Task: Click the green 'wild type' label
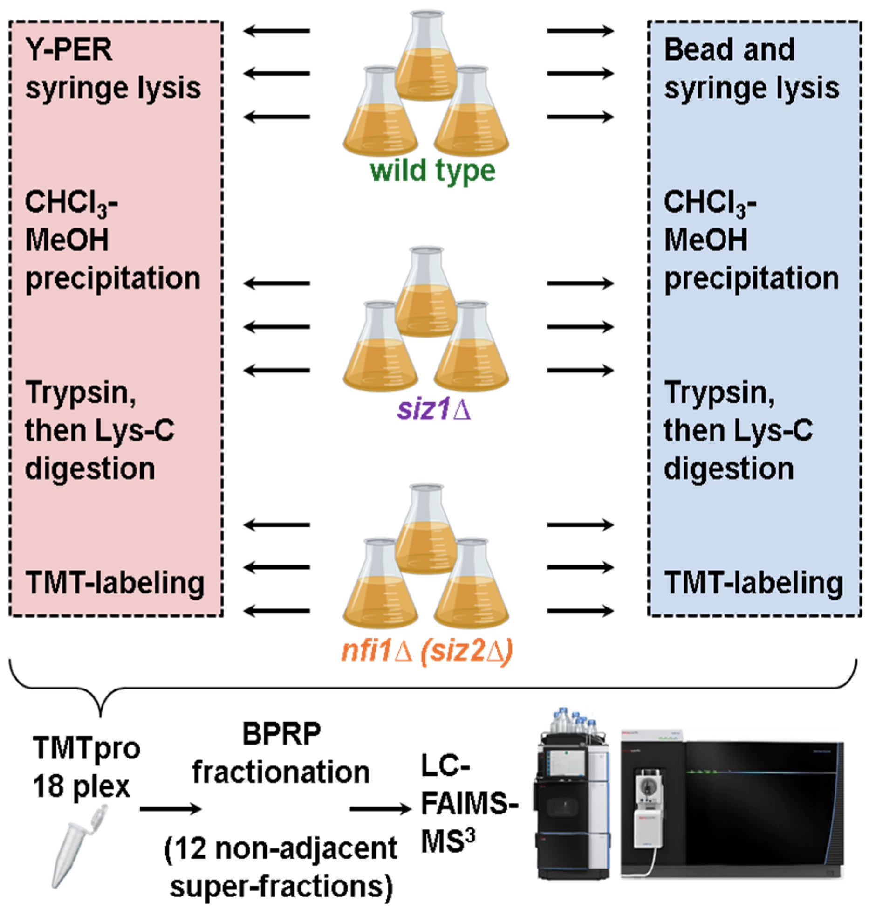432,172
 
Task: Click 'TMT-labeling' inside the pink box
115,583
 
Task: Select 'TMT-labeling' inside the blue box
753,583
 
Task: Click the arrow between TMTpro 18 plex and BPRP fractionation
170,809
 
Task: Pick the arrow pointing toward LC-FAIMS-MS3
380,809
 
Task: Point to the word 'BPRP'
281,734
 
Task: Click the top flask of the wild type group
426,58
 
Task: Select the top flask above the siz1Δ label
426,294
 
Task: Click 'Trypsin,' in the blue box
719,393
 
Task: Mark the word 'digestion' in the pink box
90,469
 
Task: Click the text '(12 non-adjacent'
281,848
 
